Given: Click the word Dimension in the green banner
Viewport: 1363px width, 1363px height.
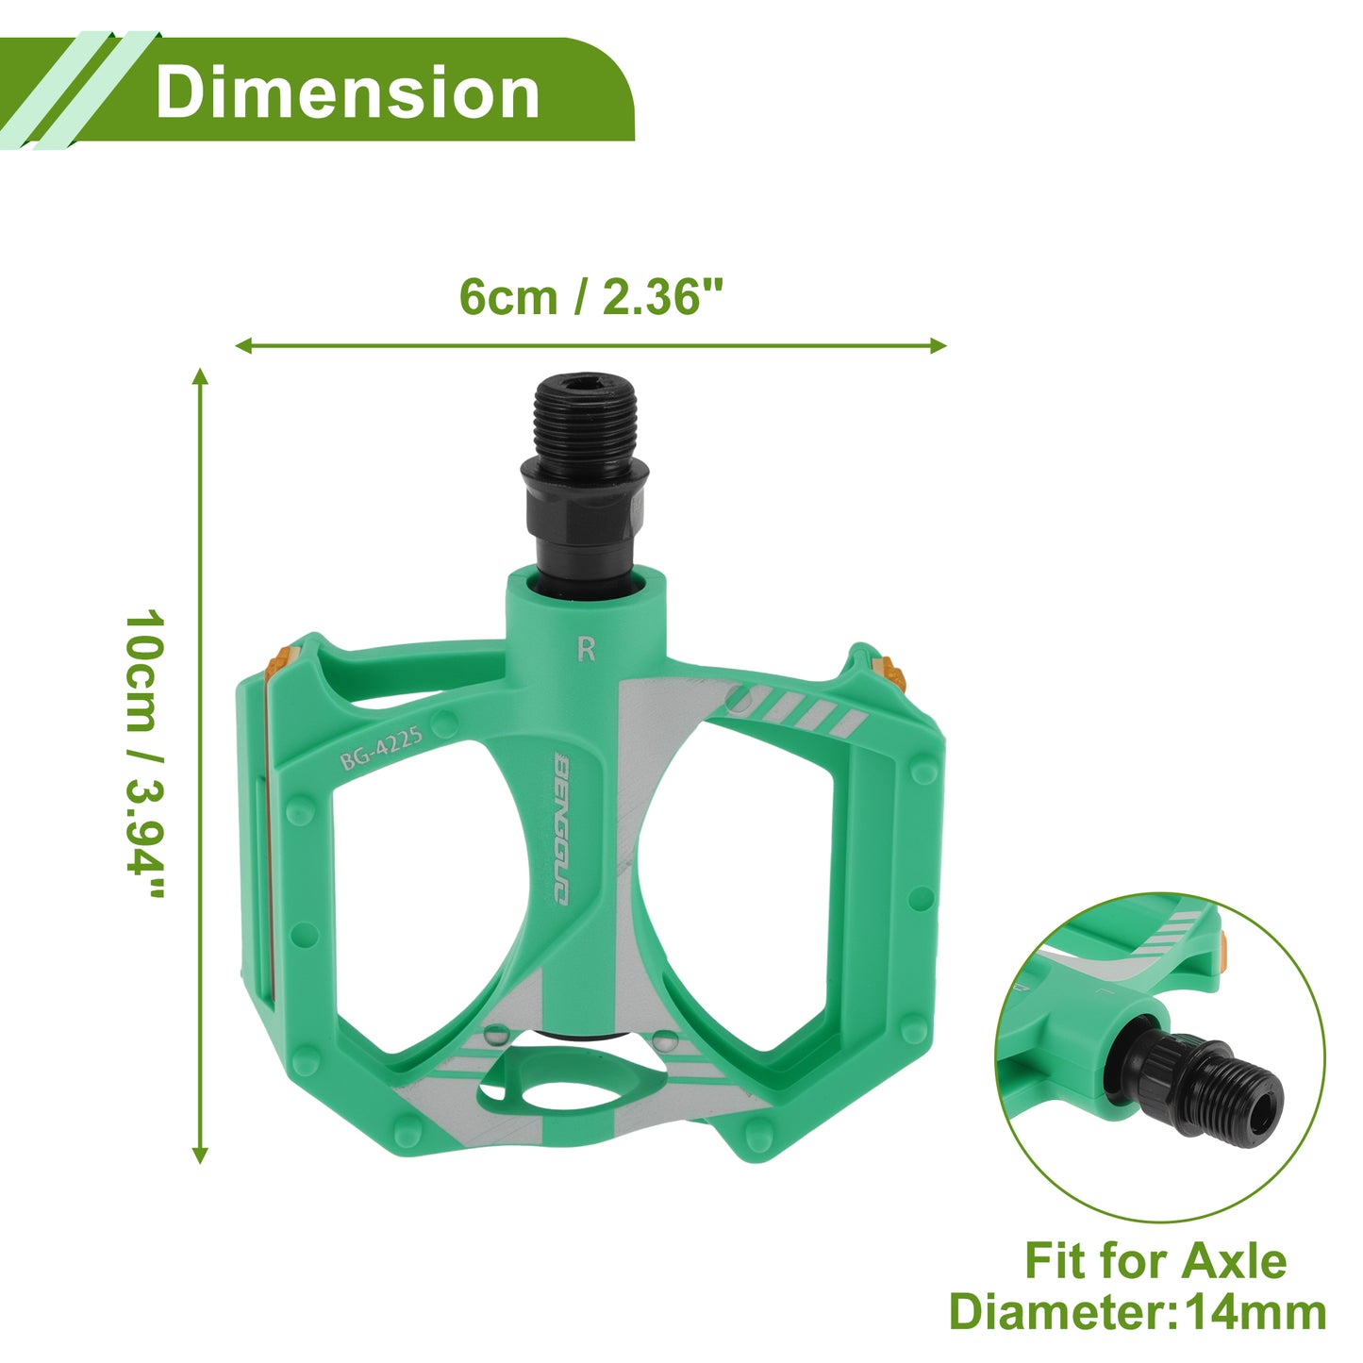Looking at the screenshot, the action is [347, 92].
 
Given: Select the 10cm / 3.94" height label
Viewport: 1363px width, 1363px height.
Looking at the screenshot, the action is [145, 754].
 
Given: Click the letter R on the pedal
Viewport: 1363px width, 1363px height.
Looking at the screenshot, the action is [587, 648].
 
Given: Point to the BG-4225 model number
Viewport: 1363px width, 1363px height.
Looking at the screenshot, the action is [381, 748].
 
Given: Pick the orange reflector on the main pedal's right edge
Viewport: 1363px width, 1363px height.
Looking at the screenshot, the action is [889, 674].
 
